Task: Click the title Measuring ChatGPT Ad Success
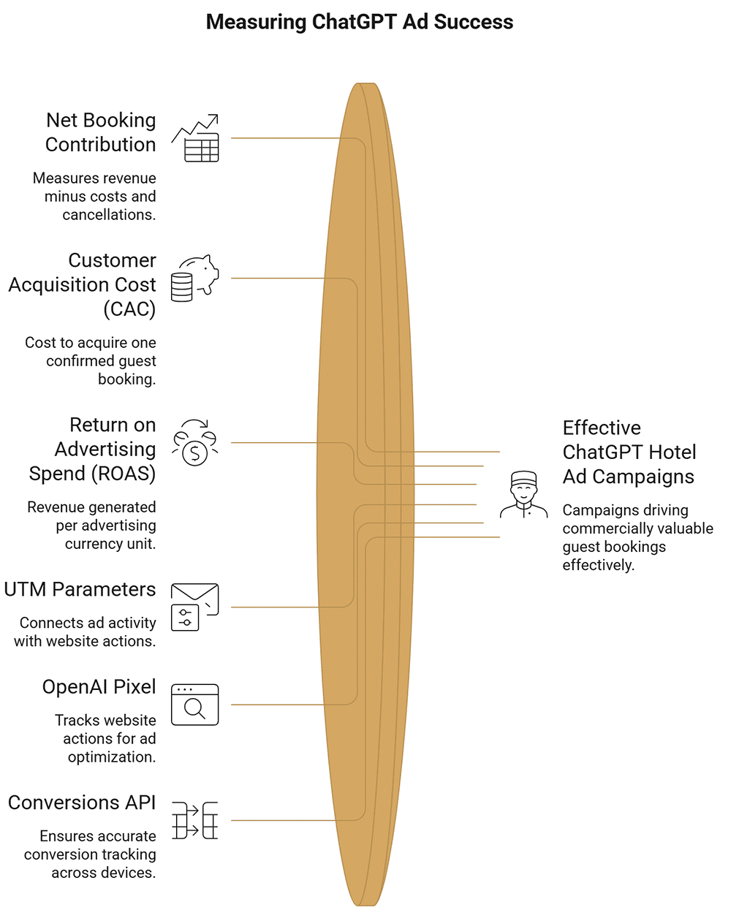point(360,22)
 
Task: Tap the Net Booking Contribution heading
point(101,132)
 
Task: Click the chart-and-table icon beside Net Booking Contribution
point(195,138)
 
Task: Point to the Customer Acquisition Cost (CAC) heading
point(82,284)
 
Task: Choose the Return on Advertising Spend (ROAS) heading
point(92,450)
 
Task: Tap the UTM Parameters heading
point(80,589)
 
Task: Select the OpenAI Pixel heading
point(99,687)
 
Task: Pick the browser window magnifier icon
point(195,705)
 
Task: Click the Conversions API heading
point(82,803)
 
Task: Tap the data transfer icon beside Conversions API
point(195,820)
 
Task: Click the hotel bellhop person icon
point(524,494)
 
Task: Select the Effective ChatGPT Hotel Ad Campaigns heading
point(629,452)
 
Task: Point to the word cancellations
point(109,214)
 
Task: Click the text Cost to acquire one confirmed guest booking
point(91,361)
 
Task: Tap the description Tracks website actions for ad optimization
point(105,738)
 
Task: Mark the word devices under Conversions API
point(130,872)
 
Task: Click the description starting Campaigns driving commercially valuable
point(637,537)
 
